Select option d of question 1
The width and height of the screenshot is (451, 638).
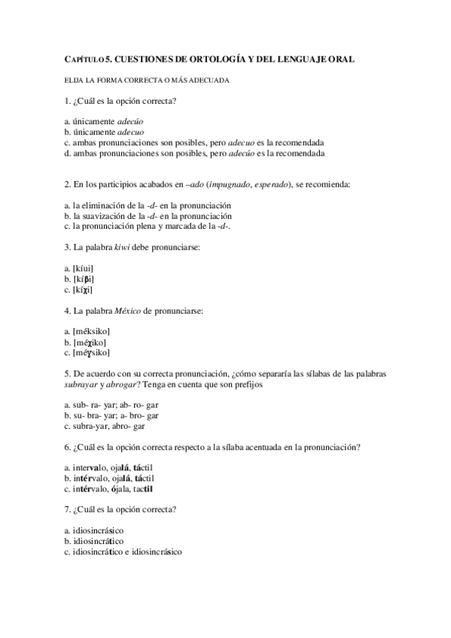pyautogui.click(x=195, y=153)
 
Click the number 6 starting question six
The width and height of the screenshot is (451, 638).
pyautogui.click(x=68, y=447)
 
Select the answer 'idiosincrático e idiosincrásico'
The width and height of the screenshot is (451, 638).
pyautogui.click(x=123, y=551)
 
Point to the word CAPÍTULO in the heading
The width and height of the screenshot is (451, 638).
pyautogui.click(x=82, y=59)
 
